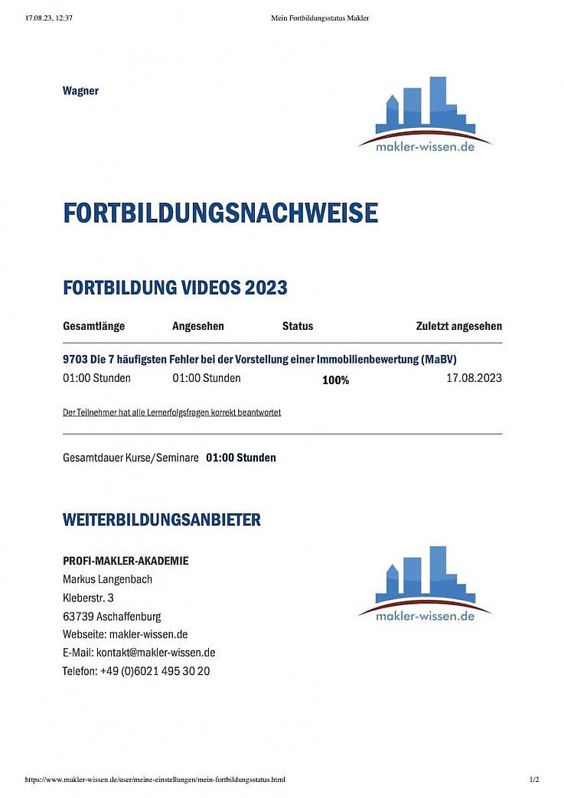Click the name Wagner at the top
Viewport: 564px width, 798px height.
coord(80,91)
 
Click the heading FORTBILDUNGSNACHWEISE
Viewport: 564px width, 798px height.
coord(220,213)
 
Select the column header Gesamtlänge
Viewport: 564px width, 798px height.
coord(93,326)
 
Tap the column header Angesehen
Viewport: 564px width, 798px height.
coord(198,326)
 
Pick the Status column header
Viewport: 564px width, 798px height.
coord(298,326)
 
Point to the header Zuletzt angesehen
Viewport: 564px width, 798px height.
coord(459,326)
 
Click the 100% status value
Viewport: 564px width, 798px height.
coord(335,379)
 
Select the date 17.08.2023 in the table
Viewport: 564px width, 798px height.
coord(474,378)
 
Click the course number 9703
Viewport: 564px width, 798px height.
coord(75,359)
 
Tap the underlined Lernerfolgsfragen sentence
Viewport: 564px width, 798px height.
coord(171,412)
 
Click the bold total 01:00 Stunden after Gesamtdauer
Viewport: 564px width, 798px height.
coord(241,458)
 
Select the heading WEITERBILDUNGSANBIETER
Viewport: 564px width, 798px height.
coord(161,520)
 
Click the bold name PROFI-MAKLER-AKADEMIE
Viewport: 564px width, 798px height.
coord(126,561)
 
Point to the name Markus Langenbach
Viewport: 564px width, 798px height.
coord(107,579)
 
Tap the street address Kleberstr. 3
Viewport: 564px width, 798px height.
coord(88,598)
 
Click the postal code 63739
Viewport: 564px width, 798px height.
coord(77,616)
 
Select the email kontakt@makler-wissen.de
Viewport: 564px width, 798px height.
coord(155,653)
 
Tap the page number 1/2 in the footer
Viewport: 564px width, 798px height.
coord(534,780)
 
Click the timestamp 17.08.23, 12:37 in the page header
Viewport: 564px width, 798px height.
coord(49,18)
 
